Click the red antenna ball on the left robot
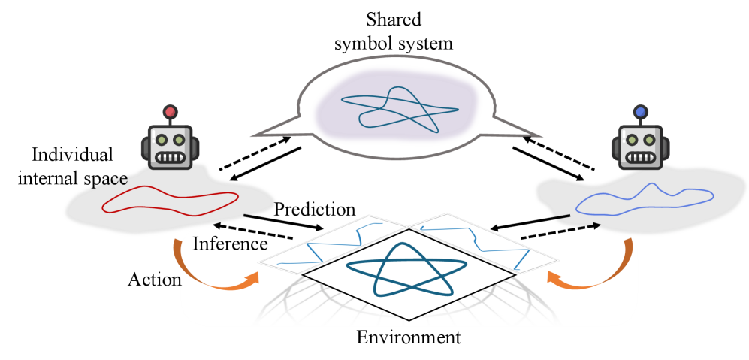170,113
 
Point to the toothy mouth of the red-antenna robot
171,157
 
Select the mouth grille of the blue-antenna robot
641,157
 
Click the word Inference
230,244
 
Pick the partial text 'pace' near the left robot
110,180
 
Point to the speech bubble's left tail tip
252,136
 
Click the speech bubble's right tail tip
541,136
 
